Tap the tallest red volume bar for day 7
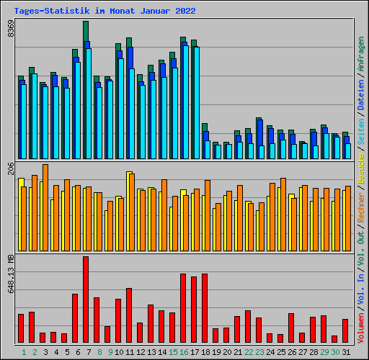click(86, 300)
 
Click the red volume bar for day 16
click(183, 308)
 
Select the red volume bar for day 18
click(205, 308)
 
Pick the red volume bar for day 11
click(129, 315)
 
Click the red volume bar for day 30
click(334, 338)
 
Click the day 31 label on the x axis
click(346, 351)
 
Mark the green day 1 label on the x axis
click(24, 351)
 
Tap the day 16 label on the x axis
click(184, 351)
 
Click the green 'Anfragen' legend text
click(361, 55)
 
